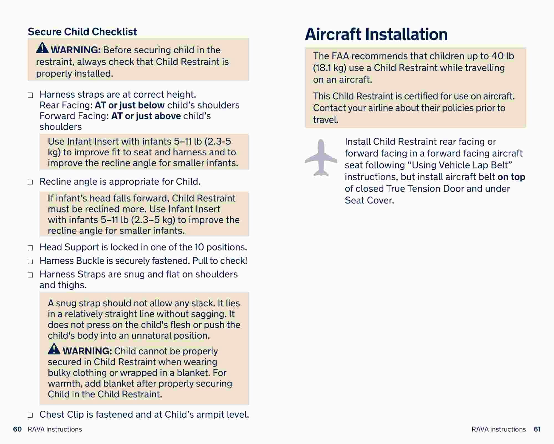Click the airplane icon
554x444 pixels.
pyautogui.click(x=321, y=158)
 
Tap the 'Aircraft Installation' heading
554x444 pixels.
pyautogui.click(x=376, y=34)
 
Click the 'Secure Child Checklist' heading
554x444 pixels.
pyautogui.click(x=82, y=32)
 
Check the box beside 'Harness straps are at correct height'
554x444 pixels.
pyautogui.click(x=30, y=95)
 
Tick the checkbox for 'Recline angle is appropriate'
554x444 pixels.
pyautogui.click(x=30, y=182)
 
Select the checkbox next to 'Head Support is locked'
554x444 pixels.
pyautogui.click(x=30, y=248)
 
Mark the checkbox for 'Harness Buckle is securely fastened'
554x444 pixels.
pyautogui.click(x=30, y=261)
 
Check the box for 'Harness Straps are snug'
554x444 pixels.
pyautogui.click(x=30, y=275)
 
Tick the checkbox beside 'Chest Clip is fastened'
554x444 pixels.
pyautogui.click(x=30, y=415)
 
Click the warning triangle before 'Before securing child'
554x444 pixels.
pyautogui.click(x=42, y=48)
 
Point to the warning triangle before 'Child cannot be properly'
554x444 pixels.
pyautogui.click(x=54, y=349)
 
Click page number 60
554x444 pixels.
pyautogui.click(x=17, y=429)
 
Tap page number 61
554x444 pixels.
pyautogui.click(x=537, y=429)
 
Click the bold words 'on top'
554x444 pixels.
pyautogui.click(x=511, y=177)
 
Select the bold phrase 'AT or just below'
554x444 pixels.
pyautogui.click(x=130, y=105)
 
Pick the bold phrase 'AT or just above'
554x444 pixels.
pyautogui.click(x=146, y=116)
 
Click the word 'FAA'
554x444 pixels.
pyautogui.click(x=340, y=56)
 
